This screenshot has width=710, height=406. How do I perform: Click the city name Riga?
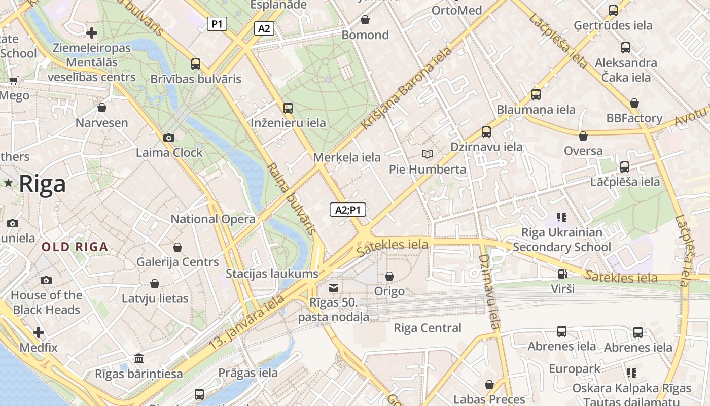[43, 184]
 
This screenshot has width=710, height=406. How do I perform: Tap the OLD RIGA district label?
[75, 247]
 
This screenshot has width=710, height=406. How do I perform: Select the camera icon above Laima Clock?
[169, 138]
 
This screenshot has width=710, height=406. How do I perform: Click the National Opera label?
[213, 219]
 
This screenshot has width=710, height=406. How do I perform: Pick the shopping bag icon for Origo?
[389, 276]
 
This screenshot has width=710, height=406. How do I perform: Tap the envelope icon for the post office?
[334, 288]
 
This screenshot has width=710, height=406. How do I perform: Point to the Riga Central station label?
[428, 328]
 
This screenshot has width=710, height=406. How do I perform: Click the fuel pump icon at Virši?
[562, 274]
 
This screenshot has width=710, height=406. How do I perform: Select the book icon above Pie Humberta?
[428, 154]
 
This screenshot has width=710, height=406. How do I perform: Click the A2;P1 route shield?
[348, 210]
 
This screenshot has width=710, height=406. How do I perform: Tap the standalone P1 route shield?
[217, 24]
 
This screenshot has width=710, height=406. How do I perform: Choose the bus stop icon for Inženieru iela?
[288, 108]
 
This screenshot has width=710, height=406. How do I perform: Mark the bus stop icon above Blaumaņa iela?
[536, 94]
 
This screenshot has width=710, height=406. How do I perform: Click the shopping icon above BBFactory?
[634, 103]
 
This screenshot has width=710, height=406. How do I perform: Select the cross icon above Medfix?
[39, 333]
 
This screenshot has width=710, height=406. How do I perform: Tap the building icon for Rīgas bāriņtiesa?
[139, 359]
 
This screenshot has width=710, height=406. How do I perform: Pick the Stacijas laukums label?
[272, 274]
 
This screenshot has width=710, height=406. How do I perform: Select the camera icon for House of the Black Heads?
[46, 280]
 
